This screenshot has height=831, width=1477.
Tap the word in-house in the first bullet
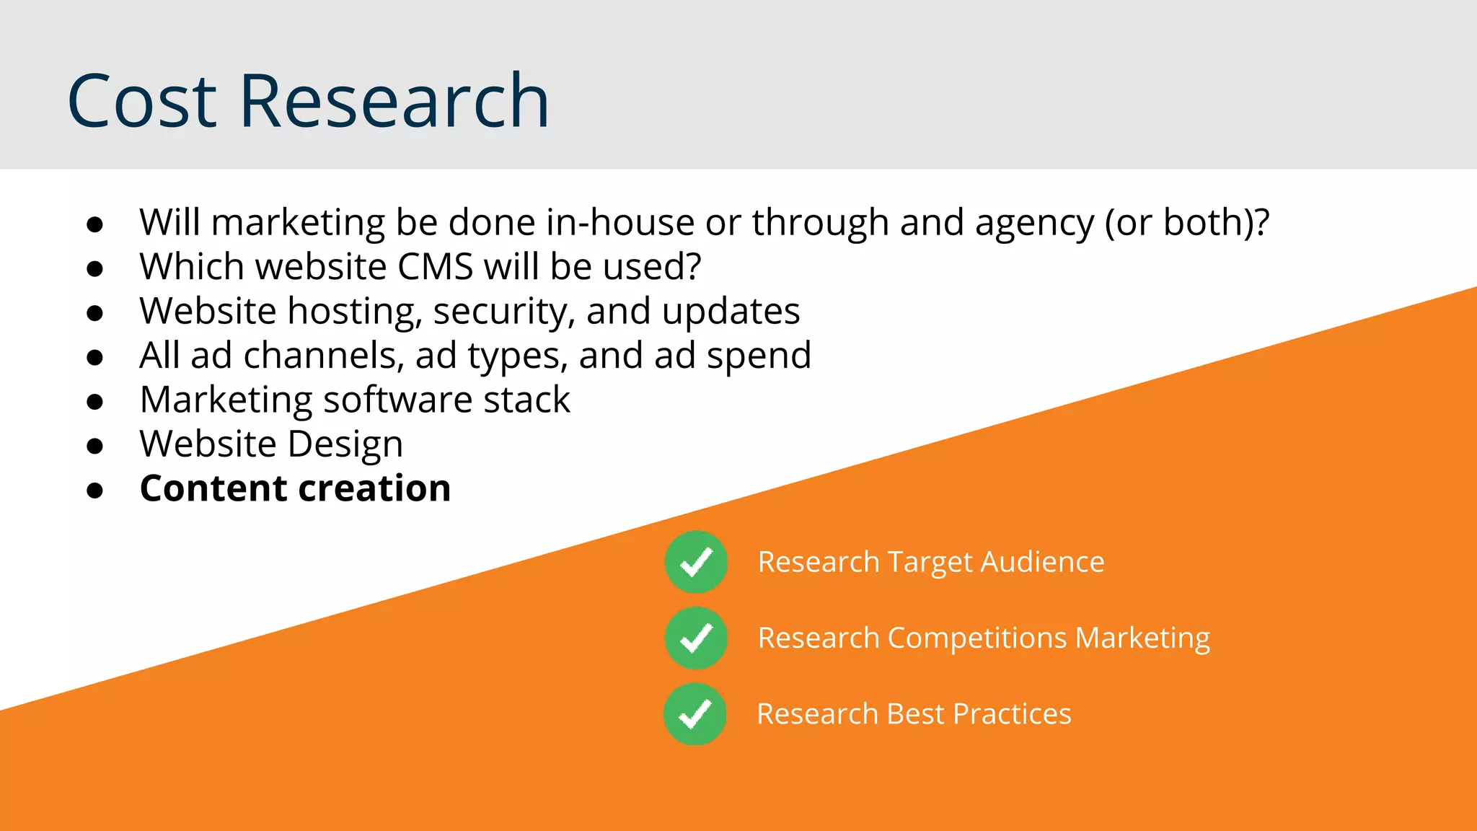pos(620,222)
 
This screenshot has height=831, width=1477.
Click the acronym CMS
pos(435,267)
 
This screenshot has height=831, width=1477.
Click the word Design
pos(345,445)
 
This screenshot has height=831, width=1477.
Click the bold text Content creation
pos(295,488)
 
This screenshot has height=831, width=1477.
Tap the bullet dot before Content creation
pos(94,491)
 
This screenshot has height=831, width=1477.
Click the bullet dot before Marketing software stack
pos(94,402)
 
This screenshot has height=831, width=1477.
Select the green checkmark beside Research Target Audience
pos(696,562)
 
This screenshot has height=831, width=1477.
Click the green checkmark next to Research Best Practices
pos(695,714)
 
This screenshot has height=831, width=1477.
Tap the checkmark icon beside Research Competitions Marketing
pos(696,638)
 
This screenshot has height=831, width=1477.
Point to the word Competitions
pos(976,638)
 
